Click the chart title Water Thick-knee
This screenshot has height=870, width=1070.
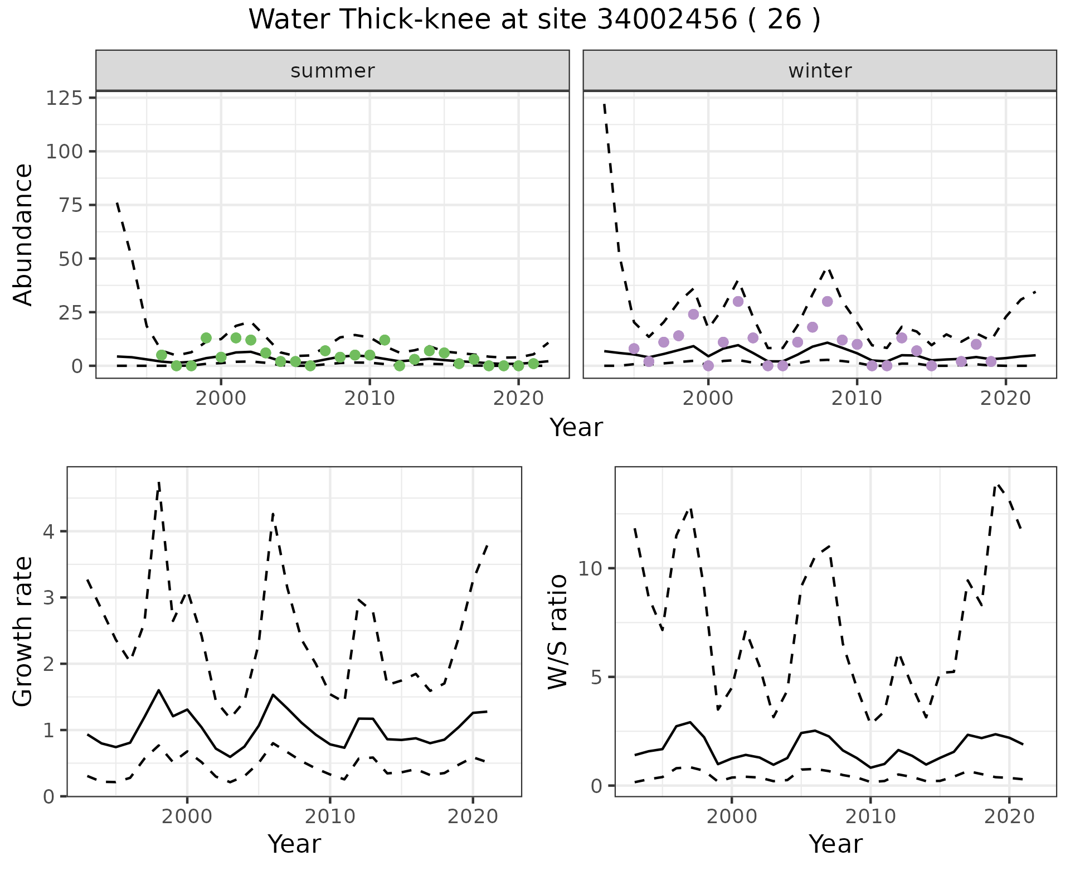534,20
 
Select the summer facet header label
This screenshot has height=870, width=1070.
333,71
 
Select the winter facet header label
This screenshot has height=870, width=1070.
820,71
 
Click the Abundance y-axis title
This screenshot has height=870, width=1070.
23,234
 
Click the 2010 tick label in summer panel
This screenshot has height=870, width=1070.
369,399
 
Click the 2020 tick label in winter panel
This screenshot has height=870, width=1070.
1005,399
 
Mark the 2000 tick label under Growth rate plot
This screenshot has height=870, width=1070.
187,817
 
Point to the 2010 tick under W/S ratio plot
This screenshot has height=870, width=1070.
870,817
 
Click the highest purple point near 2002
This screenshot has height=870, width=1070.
738,301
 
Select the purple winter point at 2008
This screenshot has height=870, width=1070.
828,301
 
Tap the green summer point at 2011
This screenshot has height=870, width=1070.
385,340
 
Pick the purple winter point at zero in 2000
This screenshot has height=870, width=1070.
708,365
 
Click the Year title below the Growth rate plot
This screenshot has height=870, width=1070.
294,844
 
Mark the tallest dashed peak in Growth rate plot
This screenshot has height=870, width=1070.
159,483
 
